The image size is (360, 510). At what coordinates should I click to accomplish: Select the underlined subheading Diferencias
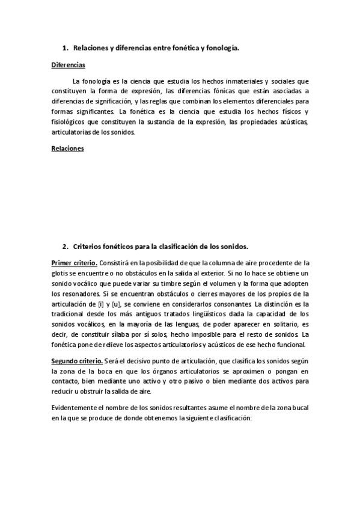68,64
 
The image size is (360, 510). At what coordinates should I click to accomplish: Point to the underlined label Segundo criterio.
77,360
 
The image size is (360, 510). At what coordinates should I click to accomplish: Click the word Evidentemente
76,408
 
